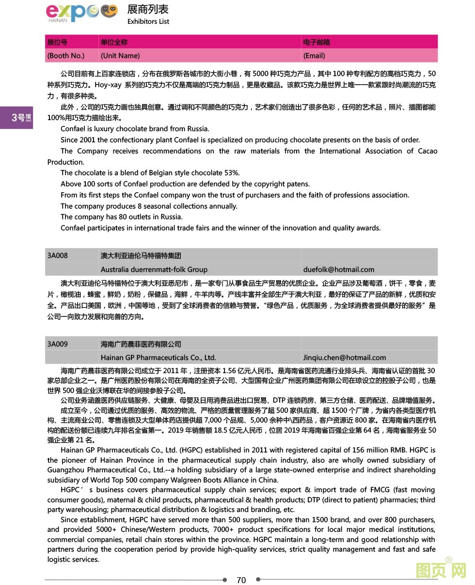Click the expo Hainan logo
click(x=81, y=13)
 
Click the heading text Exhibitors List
click(x=148, y=21)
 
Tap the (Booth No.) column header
click(x=65, y=56)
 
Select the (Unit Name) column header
click(x=120, y=56)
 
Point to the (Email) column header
click(x=314, y=56)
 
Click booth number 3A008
click(x=58, y=255)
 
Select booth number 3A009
click(x=58, y=344)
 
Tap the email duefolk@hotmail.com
click(x=339, y=270)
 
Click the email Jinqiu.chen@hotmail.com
click(x=345, y=358)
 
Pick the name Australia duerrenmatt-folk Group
click(x=154, y=270)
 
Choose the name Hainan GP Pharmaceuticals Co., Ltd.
click(x=158, y=358)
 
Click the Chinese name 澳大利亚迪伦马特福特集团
click(x=141, y=255)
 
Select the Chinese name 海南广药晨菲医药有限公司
click(x=141, y=344)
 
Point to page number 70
click(x=241, y=580)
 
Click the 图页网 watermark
click(x=441, y=570)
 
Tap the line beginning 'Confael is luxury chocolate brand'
click(x=135, y=129)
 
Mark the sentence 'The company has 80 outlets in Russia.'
click(x=122, y=217)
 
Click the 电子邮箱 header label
click(x=317, y=42)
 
